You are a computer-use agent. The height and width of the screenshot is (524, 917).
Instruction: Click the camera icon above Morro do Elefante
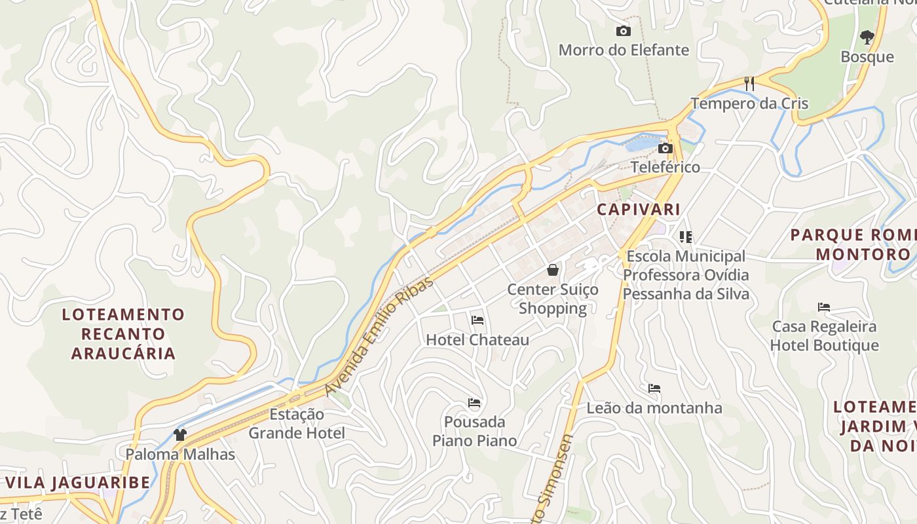click(623, 31)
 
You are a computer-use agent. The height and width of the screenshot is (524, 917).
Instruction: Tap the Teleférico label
click(665, 167)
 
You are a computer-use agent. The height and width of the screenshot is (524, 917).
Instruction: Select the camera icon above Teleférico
click(665, 149)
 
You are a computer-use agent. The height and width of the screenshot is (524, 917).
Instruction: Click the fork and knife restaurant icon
click(749, 84)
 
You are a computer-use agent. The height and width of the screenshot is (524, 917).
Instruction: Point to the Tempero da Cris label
click(749, 103)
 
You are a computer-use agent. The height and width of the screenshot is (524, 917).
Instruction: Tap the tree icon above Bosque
click(867, 37)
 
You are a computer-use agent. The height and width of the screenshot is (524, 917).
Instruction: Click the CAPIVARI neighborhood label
click(639, 210)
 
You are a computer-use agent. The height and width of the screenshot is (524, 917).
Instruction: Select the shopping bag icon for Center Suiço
click(553, 270)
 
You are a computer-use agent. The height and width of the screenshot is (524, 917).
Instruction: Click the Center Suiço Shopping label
click(553, 299)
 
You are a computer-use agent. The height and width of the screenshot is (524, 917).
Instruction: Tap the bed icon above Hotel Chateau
click(477, 320)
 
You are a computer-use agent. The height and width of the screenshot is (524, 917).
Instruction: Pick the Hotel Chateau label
click(477, 340)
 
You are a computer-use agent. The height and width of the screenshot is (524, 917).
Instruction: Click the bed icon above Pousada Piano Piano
click(474, 402)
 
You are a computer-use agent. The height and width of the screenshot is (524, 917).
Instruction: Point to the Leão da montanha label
click(654, 408)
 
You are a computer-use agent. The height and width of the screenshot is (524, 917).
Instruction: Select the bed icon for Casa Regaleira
click(824, 307)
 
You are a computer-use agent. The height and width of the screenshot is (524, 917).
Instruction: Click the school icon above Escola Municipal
click(686, 236)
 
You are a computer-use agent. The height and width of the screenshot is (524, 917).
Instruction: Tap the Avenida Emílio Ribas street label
click(380, 336)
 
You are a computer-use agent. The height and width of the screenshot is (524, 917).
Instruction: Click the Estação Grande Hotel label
click(297, 423)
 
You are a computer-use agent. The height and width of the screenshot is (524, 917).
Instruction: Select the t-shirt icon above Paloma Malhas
click(180, 434)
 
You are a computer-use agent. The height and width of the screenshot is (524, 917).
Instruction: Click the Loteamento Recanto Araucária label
click(123, 334)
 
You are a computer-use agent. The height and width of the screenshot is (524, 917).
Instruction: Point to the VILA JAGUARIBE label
click(78, 483)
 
